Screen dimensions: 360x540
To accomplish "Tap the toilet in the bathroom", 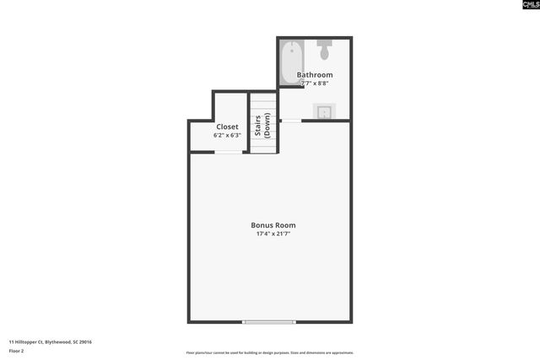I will click(x=326, y=49).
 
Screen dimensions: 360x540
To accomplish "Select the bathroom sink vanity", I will click(x=325, y=111).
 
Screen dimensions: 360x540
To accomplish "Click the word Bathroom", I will click(x=314, y=75).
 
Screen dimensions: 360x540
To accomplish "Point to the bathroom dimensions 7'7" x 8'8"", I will click(x=314, y=83).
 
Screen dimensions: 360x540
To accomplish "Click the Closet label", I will click(x=227, y=126).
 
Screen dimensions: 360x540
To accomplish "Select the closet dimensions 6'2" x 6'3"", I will click(x=227, y=135).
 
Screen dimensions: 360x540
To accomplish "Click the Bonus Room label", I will click(x=273, y=225).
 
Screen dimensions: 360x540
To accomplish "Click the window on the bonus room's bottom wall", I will click(x=269, y=321).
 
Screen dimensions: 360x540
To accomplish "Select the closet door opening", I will click(x=227, y=152).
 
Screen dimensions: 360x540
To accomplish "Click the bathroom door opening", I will click(x=291, y=121).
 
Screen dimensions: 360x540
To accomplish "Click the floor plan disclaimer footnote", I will click(x=269, y=352).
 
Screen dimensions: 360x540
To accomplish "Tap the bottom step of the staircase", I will click(x=263, y=150).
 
